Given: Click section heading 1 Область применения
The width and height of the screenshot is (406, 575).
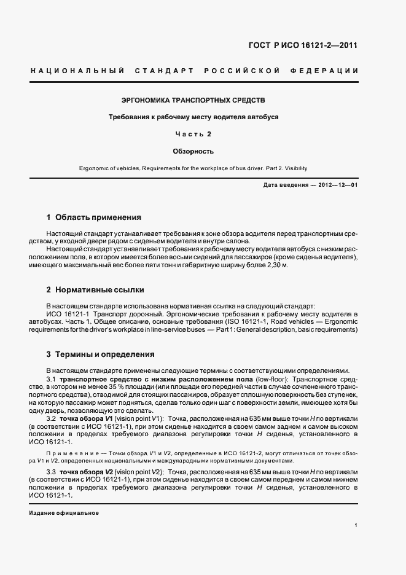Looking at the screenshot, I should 93,217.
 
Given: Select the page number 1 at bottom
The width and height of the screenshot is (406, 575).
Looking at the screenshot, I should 356,525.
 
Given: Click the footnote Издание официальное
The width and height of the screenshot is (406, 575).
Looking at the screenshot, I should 64,512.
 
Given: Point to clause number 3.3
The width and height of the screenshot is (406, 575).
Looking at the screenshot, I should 51,470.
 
